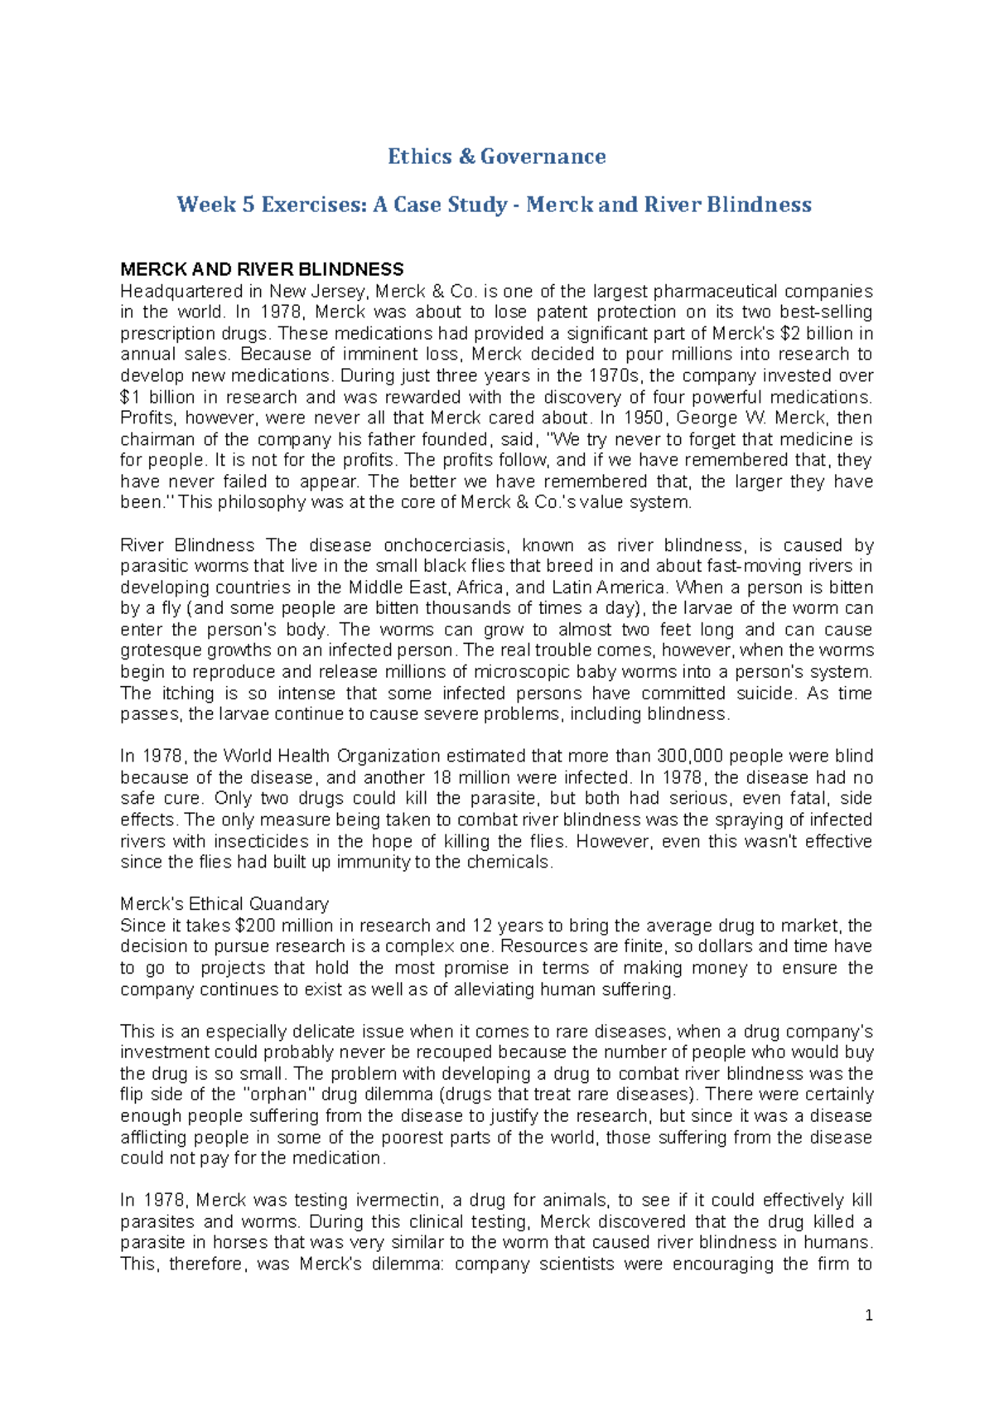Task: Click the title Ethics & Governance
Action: tap(496, 157)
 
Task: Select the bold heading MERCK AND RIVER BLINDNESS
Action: tap(262, 269)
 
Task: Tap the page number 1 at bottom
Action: tap(868, 1315)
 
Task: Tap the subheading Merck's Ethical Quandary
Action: tap(224, 904)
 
